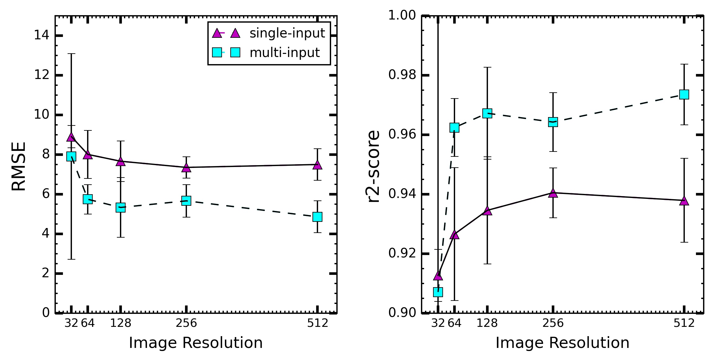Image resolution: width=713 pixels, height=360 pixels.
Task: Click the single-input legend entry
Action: (x=268, y=33)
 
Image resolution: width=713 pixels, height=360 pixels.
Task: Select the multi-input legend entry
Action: (x=266, y=52)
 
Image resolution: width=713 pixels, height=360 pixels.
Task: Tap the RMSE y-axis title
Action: (x=19, y=166)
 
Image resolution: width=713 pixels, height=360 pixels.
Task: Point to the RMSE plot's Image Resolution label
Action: (x=196, y=343)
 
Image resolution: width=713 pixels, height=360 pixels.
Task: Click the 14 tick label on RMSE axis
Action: (x=42, y=35)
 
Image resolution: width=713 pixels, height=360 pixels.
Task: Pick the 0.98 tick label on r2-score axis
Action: (x=402, y=75)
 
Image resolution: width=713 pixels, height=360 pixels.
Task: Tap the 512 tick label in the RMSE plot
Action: (x=317, y=323)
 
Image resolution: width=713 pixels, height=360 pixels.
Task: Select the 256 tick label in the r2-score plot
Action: (x=553, y=323)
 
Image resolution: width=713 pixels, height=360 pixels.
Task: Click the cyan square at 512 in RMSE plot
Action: (x=317, y=217)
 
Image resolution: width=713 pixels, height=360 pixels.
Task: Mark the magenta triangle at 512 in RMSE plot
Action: (x=317, y=165)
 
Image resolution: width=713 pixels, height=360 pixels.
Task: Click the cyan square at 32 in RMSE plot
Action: (x=71, y=156)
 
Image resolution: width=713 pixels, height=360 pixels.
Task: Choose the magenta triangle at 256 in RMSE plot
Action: (x=186, y=167)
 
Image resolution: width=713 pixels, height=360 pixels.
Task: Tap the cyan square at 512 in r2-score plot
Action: (x=684, y=94)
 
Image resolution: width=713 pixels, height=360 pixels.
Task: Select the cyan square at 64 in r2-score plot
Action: (x=454, y=127)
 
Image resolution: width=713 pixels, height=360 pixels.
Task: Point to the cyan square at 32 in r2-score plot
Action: (x=438, y=292)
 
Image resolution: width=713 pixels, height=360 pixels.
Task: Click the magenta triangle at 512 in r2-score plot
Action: (x=684, y=201)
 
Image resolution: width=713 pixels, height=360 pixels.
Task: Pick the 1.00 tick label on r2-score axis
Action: (x=402, y=15)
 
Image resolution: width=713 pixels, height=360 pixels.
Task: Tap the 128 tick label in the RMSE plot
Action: (x=121, y=323)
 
